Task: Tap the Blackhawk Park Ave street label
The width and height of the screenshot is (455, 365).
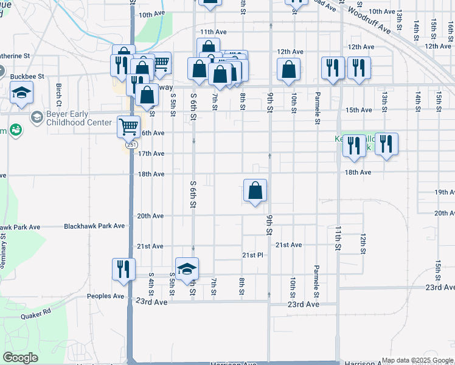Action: click(95, 226)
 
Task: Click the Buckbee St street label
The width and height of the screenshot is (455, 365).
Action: click(27, 77)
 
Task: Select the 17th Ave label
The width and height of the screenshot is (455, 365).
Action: click(150, 154)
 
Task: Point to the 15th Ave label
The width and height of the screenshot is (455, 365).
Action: click(358, 110)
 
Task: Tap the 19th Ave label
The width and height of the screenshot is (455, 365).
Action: click(445, 192)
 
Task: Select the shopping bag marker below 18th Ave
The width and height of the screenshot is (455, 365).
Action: click(255, 190)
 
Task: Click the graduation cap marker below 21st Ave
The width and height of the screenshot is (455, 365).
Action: click(187, 268)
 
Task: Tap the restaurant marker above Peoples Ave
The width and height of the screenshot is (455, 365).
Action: click(123, 269)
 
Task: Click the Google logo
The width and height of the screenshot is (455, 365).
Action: click(21, 358)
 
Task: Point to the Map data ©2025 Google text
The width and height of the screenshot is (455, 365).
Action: click(417, 360)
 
